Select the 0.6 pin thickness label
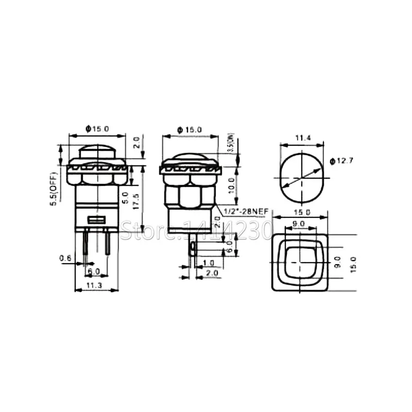pos(65,258)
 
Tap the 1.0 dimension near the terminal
pos(209,263)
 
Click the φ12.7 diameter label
pos(340,161)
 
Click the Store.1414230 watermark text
pos(196,230)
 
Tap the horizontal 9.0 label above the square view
pos(299,224)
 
